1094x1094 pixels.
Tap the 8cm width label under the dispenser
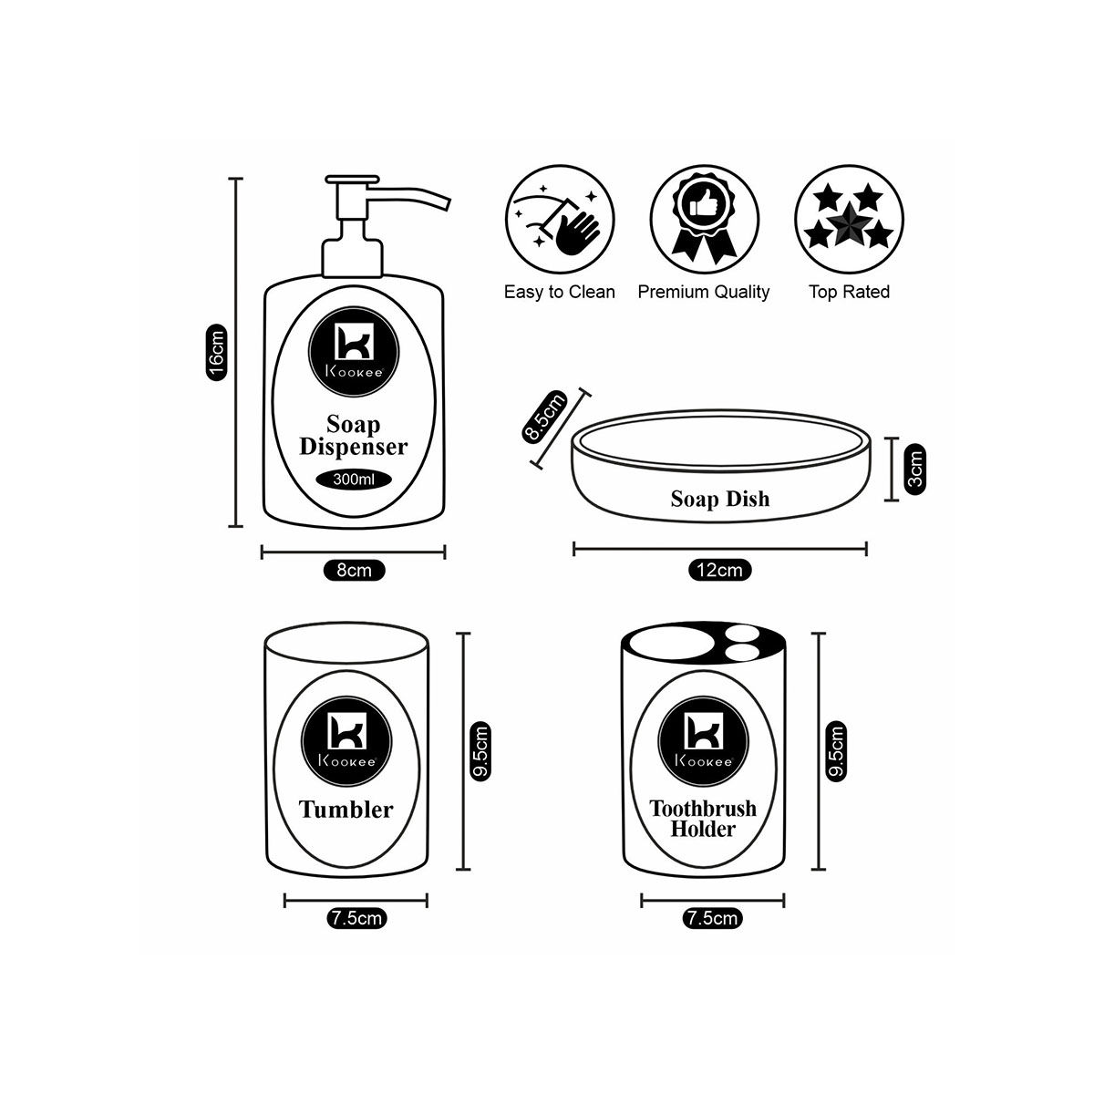tap(354, 571)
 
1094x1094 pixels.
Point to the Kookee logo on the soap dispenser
tap(354, 346)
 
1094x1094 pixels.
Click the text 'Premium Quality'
tap(704, 292)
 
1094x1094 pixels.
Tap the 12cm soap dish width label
tap(719, 571)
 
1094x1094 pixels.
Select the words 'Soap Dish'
tap(719, 499)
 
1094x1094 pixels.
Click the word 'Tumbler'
tap(346, 810)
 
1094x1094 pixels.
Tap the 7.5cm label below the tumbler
tap(356, 919)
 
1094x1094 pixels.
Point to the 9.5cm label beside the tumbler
tap(480, 751)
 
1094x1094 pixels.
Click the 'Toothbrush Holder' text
tap(702, 819)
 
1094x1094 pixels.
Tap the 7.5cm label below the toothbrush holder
tap(711, 919)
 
